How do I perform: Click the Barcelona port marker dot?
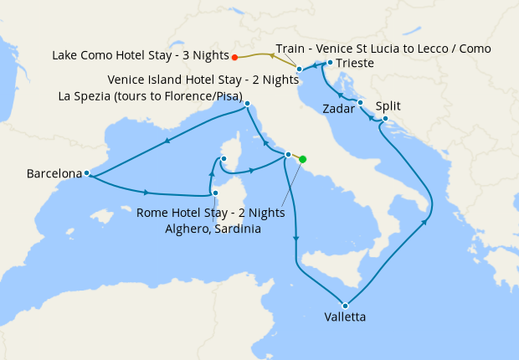[87, 173]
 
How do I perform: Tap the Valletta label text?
[345, 317]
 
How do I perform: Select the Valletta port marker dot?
[345, 305]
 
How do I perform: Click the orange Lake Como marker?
[235, 57]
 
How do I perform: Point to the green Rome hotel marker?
[303, 159]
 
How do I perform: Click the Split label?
[388, 106]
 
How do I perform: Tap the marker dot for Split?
[384, 119]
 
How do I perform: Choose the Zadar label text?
[337, 109]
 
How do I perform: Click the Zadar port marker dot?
[361, 103]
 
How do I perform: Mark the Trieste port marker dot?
[331, 63]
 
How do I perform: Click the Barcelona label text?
[54, 174]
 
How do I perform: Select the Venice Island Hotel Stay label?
[203, 80]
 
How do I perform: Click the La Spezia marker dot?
[248, 104]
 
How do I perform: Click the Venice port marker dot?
[299, 69]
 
